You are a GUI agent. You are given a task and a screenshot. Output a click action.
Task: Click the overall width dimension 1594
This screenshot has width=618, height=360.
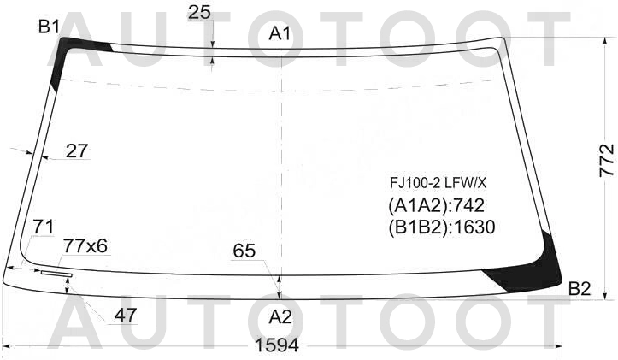tap(277, 345)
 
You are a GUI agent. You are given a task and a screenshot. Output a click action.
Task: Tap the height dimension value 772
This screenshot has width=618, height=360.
tap(607, 160)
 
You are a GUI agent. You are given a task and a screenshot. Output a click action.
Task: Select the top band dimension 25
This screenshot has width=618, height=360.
tap(199, 13)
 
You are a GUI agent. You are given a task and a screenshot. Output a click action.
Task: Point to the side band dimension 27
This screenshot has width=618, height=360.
tap(77, 150)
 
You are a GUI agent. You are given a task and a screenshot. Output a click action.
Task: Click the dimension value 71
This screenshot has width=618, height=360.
tap(44, 227)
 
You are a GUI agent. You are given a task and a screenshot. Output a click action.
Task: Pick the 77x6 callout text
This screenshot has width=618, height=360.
tap(85, 246)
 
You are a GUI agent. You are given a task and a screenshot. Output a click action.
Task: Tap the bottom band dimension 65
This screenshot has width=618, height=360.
tap(244, 251)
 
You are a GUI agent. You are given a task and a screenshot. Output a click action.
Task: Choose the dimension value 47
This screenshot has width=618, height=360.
tap(126, 315)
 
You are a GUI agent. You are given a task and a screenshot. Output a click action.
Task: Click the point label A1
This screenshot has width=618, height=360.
tap(280, 34)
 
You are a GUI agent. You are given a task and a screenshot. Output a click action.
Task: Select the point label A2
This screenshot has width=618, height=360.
tap(280, 316)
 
